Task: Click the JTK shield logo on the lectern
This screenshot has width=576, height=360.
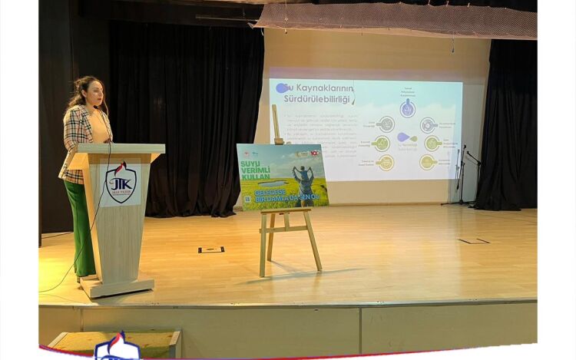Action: click(x=121, y=183)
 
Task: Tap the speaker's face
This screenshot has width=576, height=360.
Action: click(x=94, y=93)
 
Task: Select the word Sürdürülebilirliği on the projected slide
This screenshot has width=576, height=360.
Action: click(x=316, y=99)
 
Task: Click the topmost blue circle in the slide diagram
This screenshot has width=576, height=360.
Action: click(x=408, y=107)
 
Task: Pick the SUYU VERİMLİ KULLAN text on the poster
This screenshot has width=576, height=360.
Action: click(x=255, y=170)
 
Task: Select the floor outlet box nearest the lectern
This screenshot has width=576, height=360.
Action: click(x=211, y=249)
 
